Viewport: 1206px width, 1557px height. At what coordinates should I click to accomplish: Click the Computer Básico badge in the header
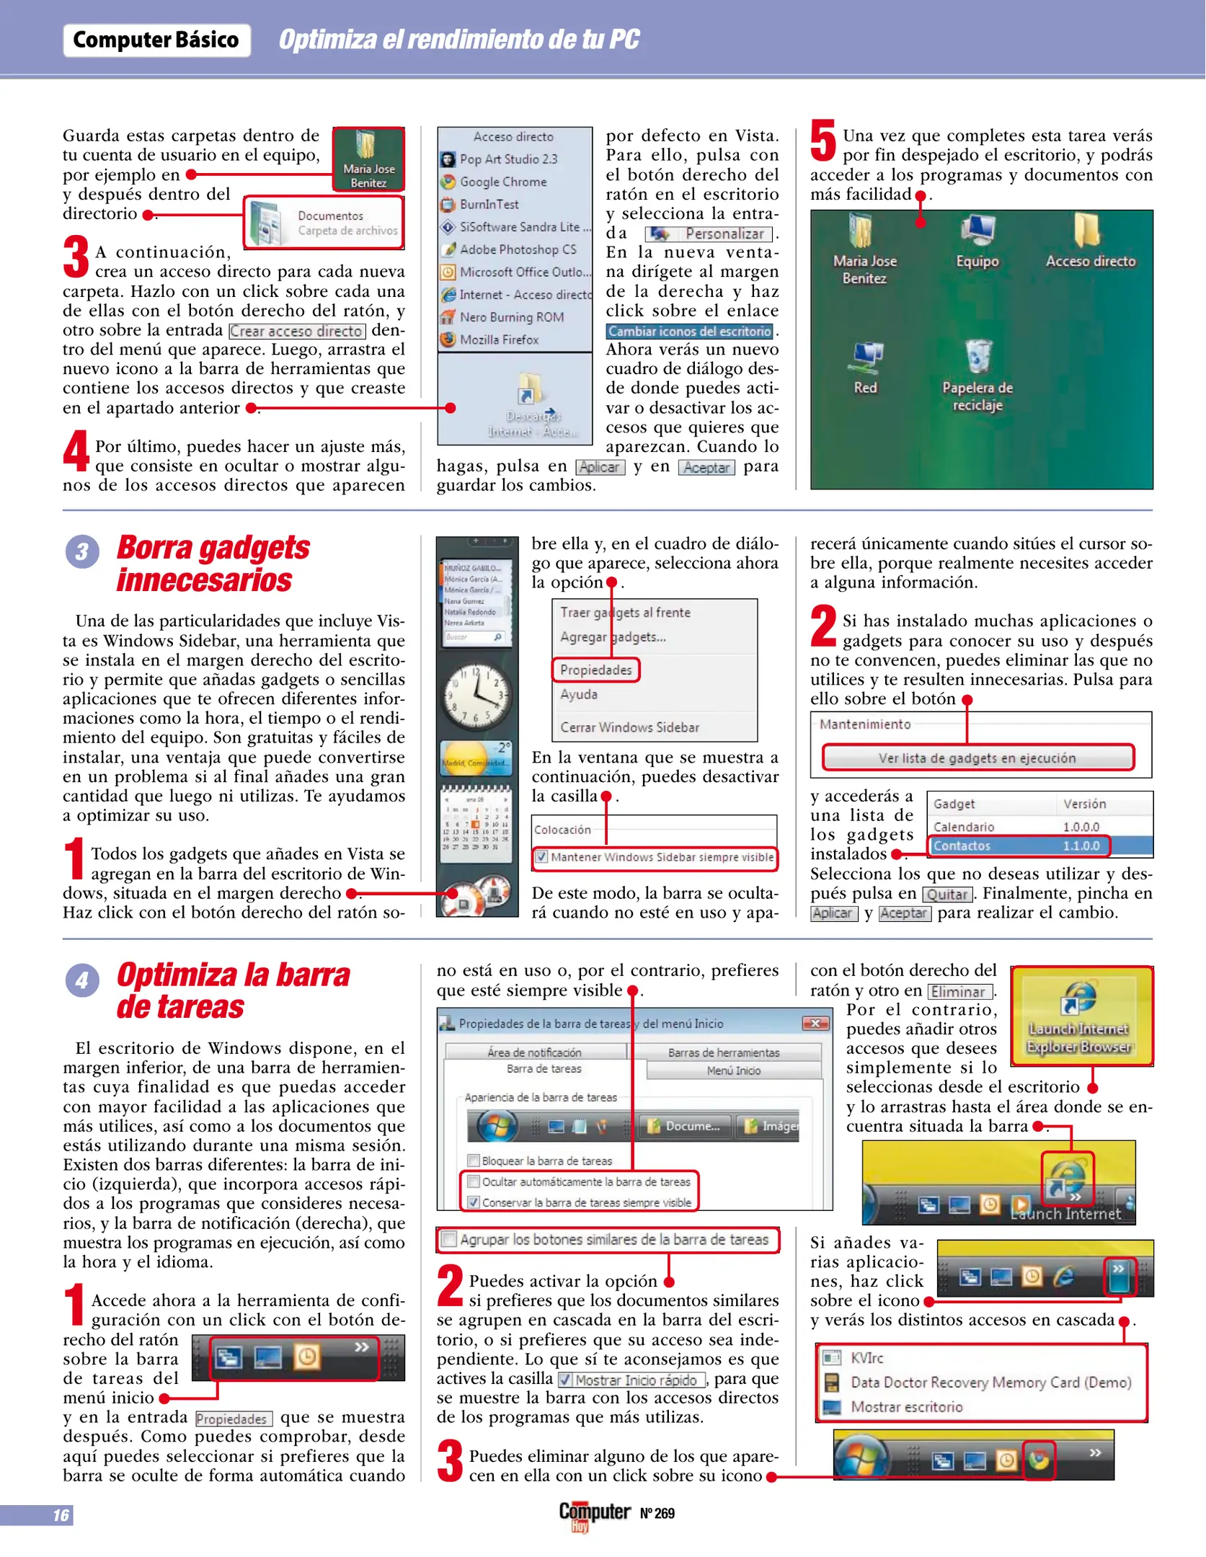(x=156, y=40)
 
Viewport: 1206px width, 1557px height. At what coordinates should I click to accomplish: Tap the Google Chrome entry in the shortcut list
(x=502, y=182)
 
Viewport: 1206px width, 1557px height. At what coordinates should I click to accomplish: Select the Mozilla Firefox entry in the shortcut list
(x=499, y=340)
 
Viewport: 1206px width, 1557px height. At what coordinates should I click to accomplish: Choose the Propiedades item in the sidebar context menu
(x=595, y=670)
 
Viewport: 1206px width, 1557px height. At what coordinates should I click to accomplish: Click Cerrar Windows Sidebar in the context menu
(x=629, y=727)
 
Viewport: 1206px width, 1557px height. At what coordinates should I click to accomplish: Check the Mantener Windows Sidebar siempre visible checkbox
(x=541, y=857)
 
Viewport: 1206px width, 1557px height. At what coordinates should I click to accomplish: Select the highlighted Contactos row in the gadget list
(x=1016, y=846)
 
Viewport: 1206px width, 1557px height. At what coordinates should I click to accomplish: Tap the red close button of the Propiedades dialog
(x=815, y=1024)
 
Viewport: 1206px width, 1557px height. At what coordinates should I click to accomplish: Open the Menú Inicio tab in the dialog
(x=733, y=1071)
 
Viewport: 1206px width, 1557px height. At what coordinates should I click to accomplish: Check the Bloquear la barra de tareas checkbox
(x=474, y=1161)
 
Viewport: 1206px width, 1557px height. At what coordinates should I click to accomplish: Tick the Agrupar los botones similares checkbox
(x=449, y=1240)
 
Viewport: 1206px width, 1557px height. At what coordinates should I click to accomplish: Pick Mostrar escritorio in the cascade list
(x=906, y=1407)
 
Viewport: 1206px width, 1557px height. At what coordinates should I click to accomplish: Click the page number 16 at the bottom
(x=61, y=1515)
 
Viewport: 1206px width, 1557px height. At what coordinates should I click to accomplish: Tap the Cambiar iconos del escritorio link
(x=689, y=332)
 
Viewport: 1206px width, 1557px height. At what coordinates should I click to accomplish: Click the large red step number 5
(x=823, y=141)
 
